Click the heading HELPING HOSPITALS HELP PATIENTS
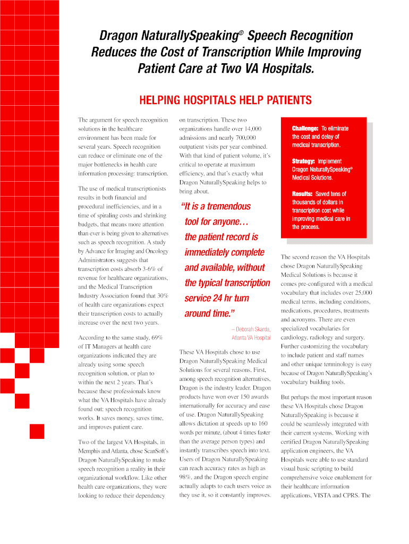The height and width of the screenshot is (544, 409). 225,100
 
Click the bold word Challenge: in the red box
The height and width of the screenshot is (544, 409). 305,129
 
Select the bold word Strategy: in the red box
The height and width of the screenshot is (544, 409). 303,161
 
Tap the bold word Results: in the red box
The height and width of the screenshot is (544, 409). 302,194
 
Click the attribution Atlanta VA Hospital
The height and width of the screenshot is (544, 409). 251,338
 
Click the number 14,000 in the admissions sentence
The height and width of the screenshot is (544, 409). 249,129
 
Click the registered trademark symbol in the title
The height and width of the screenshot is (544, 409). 240,33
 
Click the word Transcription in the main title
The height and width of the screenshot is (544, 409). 231,53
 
